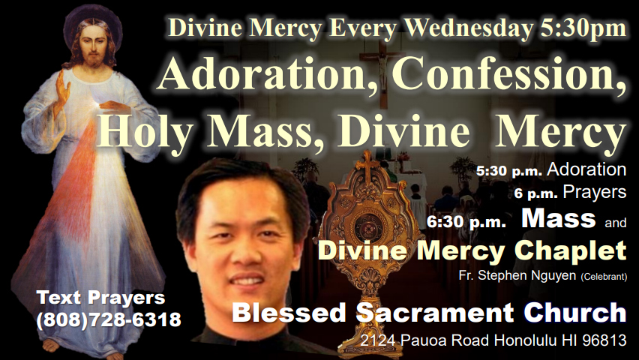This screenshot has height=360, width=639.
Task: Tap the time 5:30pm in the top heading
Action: [x=583, y=28]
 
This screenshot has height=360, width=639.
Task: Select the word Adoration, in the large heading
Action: [x=268, y=74]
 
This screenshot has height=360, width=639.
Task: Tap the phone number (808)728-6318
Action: [x=109, y=319]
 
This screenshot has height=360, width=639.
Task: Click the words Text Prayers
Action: [x=100, y=298]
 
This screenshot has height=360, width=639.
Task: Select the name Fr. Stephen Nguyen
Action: [x=517, y=275]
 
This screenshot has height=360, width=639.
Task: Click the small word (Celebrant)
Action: [x=604, y=277]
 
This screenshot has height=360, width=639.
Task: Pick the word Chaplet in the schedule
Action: [x=571, y=251]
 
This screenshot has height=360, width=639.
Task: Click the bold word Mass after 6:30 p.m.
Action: [x=558, y=218]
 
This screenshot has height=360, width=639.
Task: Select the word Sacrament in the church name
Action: [x=435, y=313]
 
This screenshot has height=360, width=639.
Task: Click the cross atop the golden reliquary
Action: [x=367, y=164]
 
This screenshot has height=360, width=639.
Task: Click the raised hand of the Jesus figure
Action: [x=61, y=89]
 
